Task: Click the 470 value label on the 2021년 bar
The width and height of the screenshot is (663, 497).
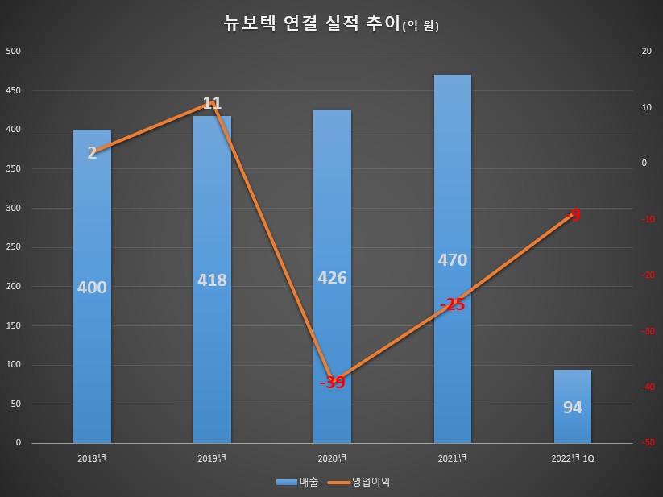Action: coord(452,259)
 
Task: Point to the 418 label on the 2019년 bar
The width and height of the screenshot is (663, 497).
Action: coord(212,280)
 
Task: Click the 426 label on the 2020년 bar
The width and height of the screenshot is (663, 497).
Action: coord(332,278)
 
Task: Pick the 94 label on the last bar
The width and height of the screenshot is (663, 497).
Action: coord(573,408)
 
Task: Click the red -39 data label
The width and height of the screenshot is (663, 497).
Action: coord(332,383)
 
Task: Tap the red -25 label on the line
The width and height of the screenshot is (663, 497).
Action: coord(452,304)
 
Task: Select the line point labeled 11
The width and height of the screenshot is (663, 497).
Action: coord(212,103)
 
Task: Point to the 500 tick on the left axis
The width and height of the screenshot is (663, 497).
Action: coord(14,52)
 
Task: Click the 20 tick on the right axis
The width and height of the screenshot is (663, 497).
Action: coord(645,52)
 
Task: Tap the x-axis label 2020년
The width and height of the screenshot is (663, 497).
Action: coord(332,458)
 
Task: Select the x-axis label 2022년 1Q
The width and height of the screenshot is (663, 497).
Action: coord(573,458)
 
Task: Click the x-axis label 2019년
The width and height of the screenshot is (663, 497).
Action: coord(212,458)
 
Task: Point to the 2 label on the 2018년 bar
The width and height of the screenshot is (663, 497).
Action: coord(92,153)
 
